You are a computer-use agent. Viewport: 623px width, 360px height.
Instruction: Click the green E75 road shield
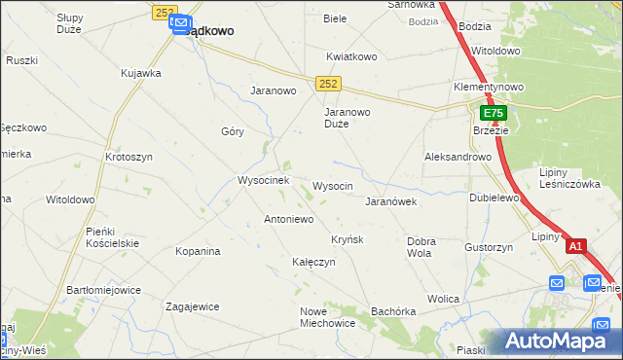(493, 114)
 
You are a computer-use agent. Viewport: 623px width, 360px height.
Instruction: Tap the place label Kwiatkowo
(351, 56)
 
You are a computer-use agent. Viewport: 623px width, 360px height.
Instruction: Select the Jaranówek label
(390, 202)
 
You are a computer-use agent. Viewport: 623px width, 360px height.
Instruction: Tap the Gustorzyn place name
(489, 248)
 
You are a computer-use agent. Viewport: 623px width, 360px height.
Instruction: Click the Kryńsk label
(347, 239)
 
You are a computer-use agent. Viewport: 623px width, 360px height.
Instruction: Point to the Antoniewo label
(288, 220)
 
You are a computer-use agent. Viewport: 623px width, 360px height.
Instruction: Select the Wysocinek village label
(263, 181)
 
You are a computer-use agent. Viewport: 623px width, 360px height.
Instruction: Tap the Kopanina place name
(198, 252)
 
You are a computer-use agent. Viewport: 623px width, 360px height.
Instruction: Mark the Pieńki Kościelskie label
(113, 237)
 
